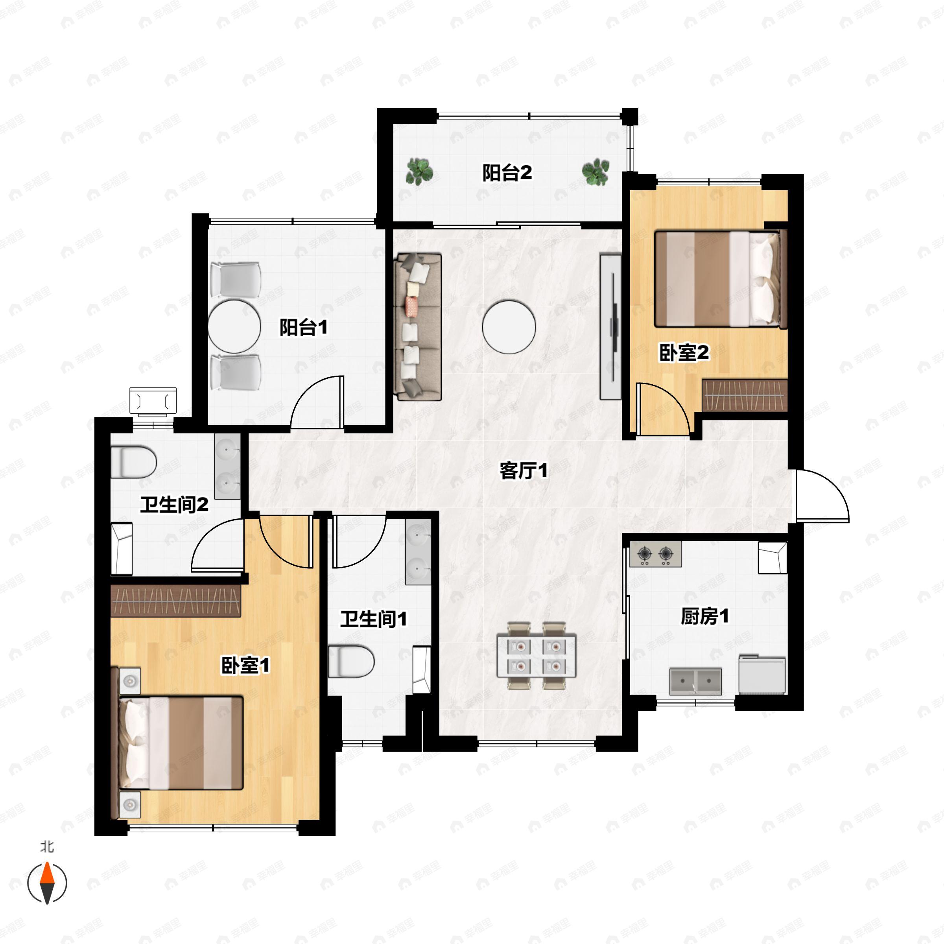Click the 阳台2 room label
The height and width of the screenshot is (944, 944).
(507, 173)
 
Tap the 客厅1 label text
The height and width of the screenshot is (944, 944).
(523, 470)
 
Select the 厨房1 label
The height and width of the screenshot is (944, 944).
(704, 617)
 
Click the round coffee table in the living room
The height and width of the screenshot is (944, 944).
(509, 327)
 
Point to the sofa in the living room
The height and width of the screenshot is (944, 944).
(417, 326)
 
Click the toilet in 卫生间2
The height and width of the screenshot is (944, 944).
(133, 462)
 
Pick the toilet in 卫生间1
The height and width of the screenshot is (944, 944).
(350, 661)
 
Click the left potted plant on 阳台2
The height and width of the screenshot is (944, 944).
(419, 171)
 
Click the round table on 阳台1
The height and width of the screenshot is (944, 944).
(234, 327)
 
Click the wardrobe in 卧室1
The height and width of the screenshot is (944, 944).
(176, 601)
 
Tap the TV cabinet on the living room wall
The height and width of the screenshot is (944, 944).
(610, 326)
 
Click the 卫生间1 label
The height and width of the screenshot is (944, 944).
(373, 619)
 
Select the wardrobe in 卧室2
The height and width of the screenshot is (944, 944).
(744, 395)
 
